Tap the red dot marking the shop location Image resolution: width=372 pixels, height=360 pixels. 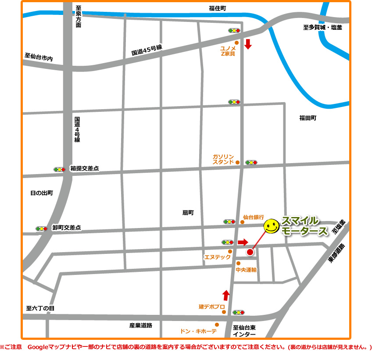250,252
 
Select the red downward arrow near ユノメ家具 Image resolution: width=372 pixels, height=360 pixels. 248,44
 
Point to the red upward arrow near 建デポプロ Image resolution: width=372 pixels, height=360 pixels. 226,295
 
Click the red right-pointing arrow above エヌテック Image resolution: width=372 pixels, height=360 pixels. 243,242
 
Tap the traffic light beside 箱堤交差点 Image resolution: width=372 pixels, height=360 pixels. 59,169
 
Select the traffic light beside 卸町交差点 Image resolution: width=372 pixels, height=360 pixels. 42,228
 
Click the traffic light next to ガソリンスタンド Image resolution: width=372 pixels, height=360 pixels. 251,162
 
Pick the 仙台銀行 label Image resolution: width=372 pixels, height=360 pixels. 254,217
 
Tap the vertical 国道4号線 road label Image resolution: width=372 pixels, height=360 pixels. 77,129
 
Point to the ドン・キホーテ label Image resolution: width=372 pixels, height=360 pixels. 198,331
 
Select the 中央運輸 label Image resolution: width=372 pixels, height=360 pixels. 246,270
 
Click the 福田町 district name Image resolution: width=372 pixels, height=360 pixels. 308,118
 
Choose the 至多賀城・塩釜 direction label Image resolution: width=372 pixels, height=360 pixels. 322,28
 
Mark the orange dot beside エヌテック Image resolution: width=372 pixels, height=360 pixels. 230,251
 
